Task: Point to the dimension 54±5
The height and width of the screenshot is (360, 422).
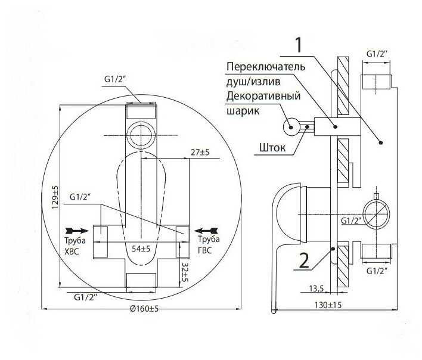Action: tap(141, 247)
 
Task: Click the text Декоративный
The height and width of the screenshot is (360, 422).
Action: tap(263, 95)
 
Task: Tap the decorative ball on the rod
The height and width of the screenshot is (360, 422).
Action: tap(291, 126)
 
